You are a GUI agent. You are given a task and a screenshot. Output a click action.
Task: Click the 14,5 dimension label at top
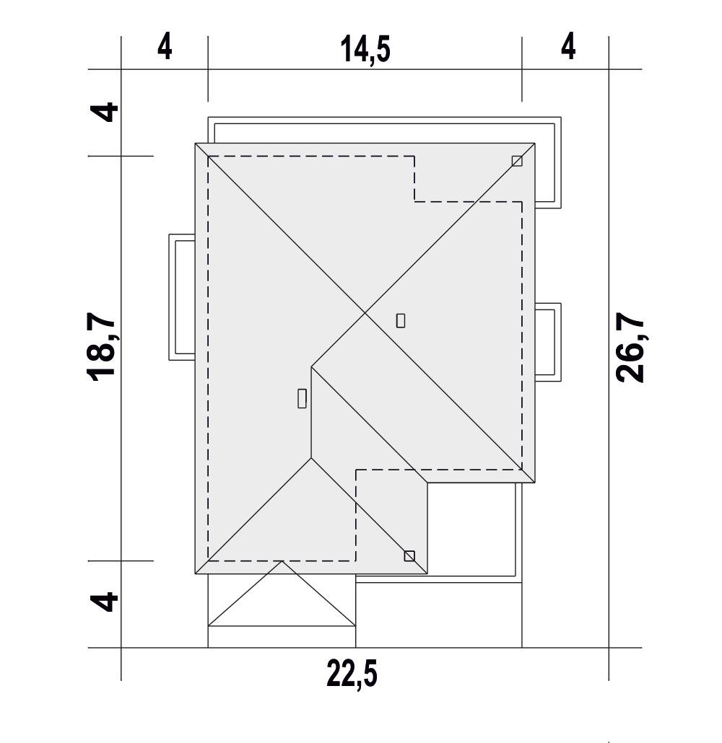click(x=365, y=49)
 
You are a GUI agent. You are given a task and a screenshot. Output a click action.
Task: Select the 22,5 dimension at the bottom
click(x=352, y=674)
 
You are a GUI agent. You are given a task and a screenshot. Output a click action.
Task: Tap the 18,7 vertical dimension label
click(x=101, y=346)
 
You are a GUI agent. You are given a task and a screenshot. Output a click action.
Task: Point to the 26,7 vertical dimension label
click(x=630, y=347)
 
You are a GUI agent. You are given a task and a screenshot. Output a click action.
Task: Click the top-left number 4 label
click(x=165, y=46)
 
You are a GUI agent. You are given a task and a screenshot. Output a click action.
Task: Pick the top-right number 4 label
click(x=568, y=46)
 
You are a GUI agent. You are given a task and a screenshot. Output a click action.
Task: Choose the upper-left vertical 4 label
click(x=105, y=112)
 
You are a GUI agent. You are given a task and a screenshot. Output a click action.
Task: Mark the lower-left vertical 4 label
click(x=105, y=602)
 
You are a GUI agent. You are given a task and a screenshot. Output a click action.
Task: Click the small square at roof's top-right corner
click(x=517, y=161)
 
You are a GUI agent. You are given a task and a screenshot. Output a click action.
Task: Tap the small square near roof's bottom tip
click(x=409, y=556)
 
